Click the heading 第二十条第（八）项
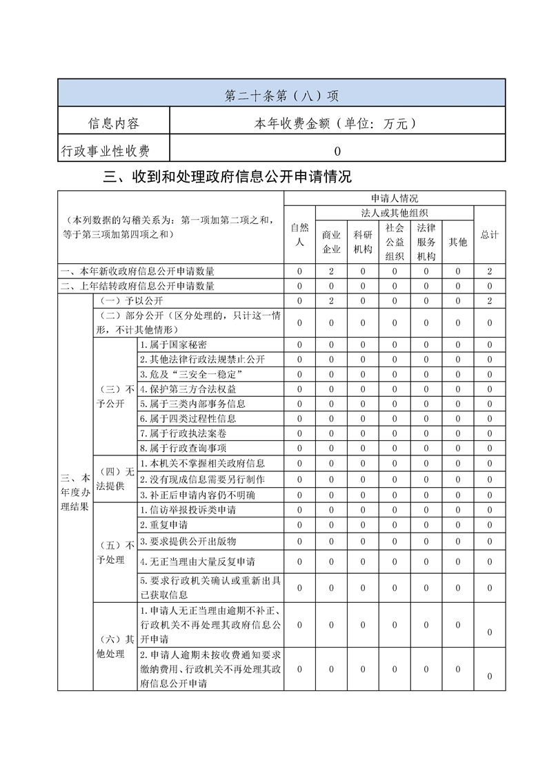pyautogui.click(x=281, y=95)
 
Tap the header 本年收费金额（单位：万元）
pyautogui.click(x=337, y=123)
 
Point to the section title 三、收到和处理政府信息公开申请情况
pyautogui.click(x=227, y=177)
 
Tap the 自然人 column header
pyautogui.click(x=299, y=234)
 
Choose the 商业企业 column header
pyautogui.click(x=331, y=242)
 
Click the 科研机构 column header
pyautogui.click(x=363, y=242)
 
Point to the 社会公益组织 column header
pyautogui.click(x=395, y=242)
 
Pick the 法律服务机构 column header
pyautogui.click(x=426, y=242)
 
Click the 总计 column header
pyautogui.click(x=490, y=234)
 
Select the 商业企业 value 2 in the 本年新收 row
pyautogui.click(x=331, y=271)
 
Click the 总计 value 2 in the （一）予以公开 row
pyautogui.click(x=490, y=301)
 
